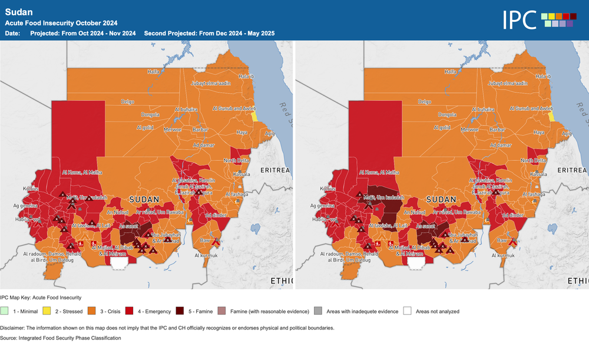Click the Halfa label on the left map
153,71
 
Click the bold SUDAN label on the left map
144,200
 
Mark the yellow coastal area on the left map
255,117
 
